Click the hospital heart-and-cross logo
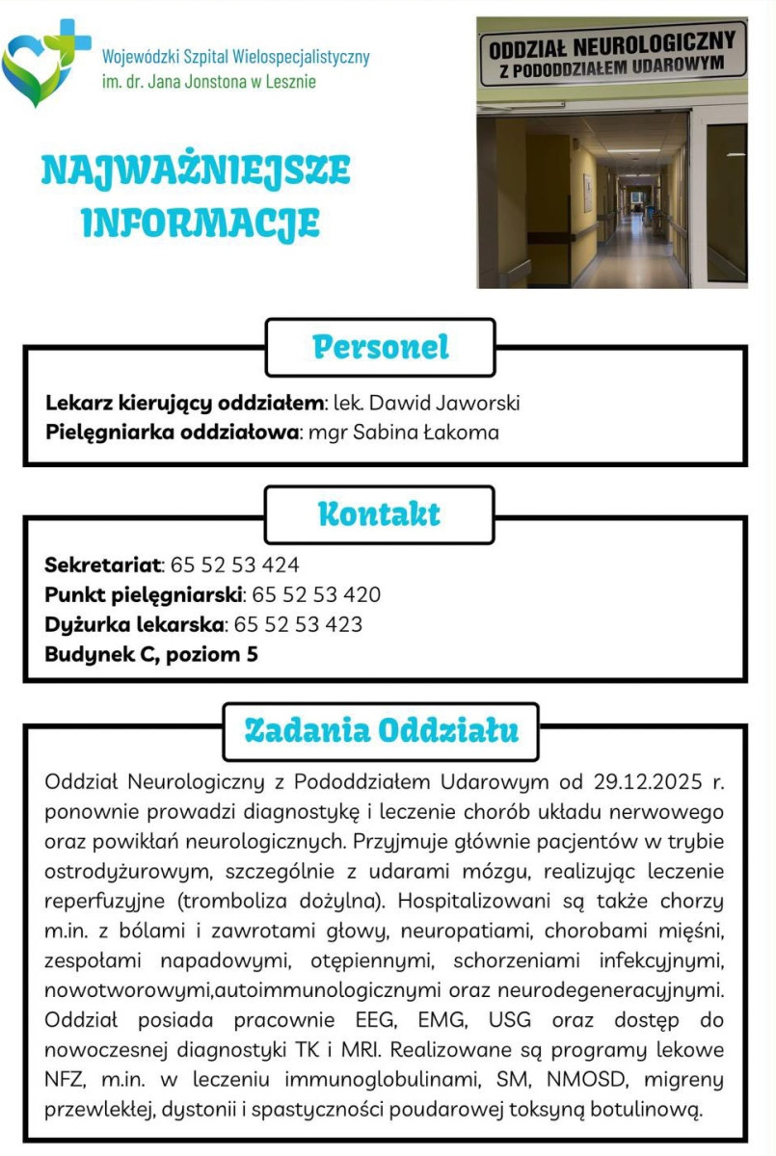(x=45, y=63)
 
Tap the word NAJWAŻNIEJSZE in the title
(x=196, y=171)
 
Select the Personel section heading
(x=381, y=347)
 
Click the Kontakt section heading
(x=379, y=514)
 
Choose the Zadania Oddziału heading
(x=381, y=730)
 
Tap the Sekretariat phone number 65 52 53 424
(x=234, y=565)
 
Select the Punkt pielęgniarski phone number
(x=315, y=594)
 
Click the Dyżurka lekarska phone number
(x=298, y=624)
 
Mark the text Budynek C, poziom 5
(x=151, y=655)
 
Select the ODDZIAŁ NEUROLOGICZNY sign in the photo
(x=612, y=53)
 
